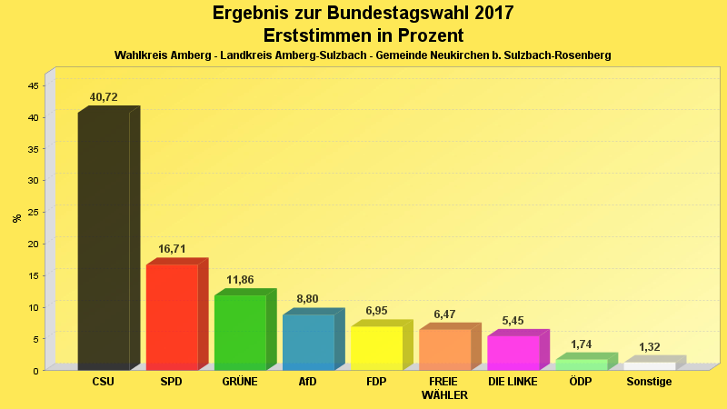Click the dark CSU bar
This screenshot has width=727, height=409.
[x=104, y=241]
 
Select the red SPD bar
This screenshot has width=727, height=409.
[x=172, y=316]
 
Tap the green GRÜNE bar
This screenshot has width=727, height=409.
[x=240, y=332]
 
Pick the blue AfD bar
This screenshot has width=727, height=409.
[x=308, y=342]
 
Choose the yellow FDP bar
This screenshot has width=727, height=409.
[x=376, y=347]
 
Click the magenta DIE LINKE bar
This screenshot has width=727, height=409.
[x=513, y=353]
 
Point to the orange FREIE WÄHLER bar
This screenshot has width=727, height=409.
[x=444, y=349]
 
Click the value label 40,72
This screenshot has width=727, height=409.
[x=104, y=97]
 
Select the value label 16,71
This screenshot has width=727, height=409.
[x=172, y=248]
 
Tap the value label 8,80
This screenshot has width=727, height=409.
[x=308, y=298]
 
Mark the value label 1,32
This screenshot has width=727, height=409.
[x=650, y=346]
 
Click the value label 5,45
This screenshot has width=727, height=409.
[x=513, y=320]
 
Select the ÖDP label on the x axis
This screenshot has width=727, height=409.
[x=581, y=382]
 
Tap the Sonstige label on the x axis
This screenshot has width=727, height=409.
[x=650, y=382]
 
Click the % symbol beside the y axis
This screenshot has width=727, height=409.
[x=16, y=218]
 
